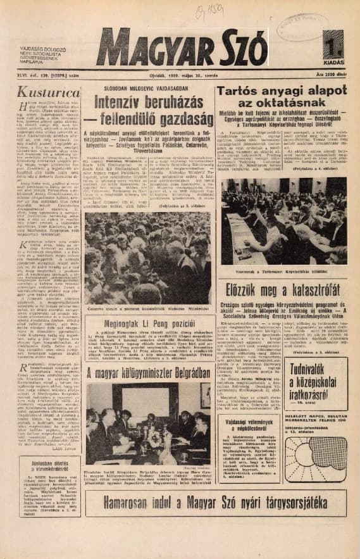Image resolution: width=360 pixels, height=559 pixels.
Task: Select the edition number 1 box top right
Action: (x=333, y=46)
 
